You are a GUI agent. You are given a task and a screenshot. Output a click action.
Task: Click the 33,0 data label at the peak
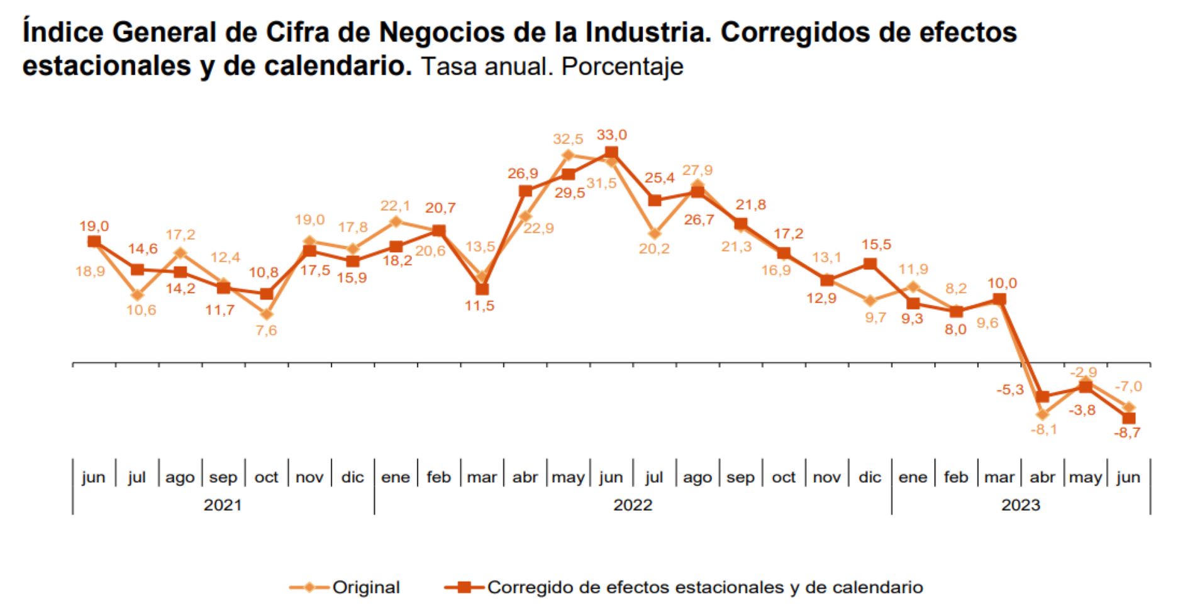(x=611, y=135)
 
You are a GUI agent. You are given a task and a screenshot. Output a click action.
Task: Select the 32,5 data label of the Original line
(x=568, y=139)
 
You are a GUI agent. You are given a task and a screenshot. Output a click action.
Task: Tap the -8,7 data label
(x=1126, y=433)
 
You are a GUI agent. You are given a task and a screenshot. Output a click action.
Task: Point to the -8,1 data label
(x=1043, y=429)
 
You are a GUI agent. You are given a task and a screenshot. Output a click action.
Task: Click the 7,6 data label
(x=266, y=330)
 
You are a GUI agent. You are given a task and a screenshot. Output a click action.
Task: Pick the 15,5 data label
(x=876, y=245)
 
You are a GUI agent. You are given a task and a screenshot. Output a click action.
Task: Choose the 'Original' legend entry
(x=365, y=587)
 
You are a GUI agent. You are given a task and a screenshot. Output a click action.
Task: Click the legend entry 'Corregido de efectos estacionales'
(x=704, y=587)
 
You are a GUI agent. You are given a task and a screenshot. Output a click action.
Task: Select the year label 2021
(x=223, y=505)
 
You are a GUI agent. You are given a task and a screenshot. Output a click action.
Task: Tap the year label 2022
(x=633, y=505)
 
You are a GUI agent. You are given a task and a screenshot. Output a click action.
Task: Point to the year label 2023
(x=1021, y=505)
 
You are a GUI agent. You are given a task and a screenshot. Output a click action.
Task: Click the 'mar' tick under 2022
(x=482, y=477)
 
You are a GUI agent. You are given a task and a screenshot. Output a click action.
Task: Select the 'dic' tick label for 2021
(x=352, y=477)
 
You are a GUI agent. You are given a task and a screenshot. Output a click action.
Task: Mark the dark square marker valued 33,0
(x=611, y=153)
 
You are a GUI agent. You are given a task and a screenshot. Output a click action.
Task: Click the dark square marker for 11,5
(x=482, y=289)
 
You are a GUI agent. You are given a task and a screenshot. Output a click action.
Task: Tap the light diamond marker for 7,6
(x=267, y=314)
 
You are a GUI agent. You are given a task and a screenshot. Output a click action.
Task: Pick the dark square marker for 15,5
(x=870, y=263)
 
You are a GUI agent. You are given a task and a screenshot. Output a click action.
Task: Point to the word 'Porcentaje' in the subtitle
(x=622, y=67)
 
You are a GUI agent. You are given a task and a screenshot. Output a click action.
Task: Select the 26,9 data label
(x=523, y=174)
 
